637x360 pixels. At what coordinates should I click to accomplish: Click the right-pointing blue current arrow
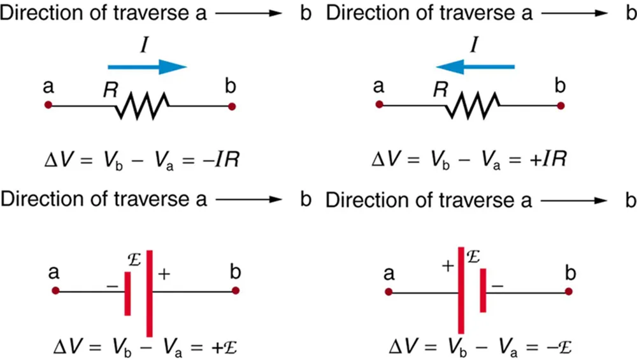click(147, 67)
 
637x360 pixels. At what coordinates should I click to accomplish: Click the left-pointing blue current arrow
click(476, 66)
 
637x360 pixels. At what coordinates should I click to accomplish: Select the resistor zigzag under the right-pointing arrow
click(142, 104)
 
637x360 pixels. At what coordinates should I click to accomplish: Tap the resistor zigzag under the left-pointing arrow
click(473, 104)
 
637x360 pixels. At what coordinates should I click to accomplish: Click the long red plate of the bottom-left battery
click(150, 293)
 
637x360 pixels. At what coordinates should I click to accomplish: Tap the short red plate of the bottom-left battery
click(128, 293)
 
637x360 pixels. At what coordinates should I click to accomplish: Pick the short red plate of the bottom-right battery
click(483, 292)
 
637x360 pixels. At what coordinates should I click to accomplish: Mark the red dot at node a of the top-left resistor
click(48, 105)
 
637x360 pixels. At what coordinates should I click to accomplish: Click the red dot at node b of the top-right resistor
click(561, 105)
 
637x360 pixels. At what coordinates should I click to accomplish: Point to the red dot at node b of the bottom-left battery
click(236, 291)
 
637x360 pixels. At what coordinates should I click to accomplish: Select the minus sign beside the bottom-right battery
click(498, 287)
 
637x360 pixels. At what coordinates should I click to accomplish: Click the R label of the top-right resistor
click(438, 90)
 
